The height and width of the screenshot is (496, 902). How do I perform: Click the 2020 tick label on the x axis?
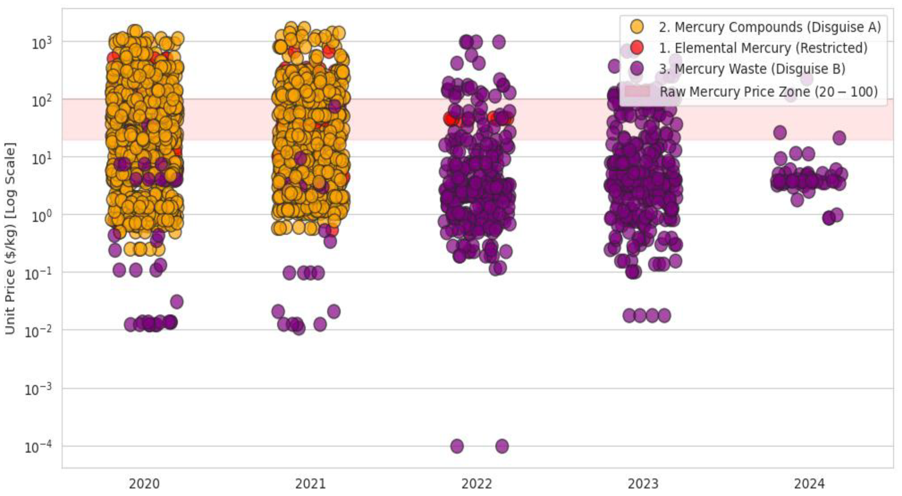coord(144,484)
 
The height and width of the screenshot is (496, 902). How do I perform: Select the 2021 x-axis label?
coord(310,484)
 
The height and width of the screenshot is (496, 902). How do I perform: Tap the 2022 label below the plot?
coord(477,484)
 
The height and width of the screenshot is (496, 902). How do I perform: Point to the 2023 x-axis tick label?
coord(643,484)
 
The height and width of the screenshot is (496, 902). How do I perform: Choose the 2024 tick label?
coord(809,484)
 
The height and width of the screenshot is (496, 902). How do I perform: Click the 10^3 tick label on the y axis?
coord(41,43)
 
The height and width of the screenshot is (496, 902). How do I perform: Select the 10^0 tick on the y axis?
coord(41,216)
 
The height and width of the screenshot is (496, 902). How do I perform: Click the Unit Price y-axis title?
coord(10,238)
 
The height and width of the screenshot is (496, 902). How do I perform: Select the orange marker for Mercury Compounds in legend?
coord(636,27)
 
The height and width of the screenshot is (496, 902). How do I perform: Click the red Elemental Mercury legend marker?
coord(636,48)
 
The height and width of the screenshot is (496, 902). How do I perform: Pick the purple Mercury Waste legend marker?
coord(636,69)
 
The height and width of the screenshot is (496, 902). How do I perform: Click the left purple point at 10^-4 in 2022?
coord(457,446)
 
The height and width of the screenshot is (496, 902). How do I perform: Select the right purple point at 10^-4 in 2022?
coord(502,446)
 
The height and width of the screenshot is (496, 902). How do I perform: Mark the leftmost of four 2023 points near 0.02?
coord(629,316)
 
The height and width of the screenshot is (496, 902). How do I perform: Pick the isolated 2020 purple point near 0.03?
coord(177,301)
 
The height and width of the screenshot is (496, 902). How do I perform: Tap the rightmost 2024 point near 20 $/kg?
coord(839,138)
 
